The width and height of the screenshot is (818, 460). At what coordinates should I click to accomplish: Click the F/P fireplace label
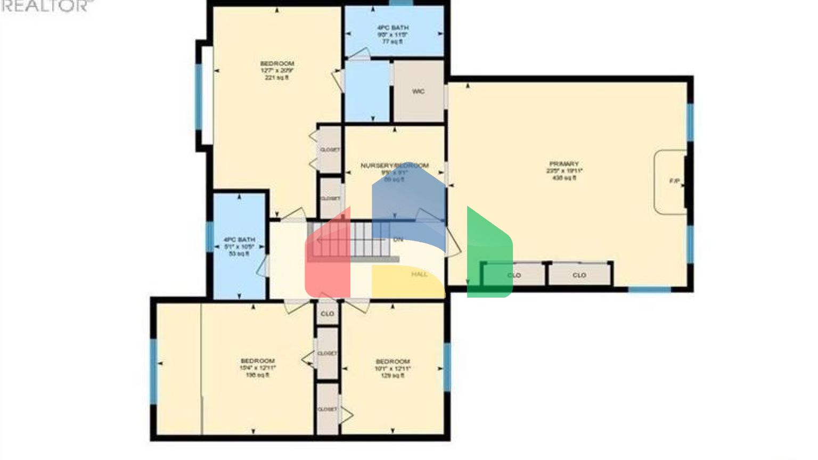(674, 182)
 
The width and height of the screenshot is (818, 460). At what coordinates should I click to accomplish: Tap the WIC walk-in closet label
(418, 92)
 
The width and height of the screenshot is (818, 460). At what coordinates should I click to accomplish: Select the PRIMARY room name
(564, 164)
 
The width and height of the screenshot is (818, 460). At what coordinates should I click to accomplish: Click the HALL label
(419, 274)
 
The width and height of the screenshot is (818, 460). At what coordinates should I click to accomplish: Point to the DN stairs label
(398, 240)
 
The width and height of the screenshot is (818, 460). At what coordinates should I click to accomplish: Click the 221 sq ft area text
(276, 78)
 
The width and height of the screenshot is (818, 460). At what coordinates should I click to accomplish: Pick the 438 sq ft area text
(564, 178)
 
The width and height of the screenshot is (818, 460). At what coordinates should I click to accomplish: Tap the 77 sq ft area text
(392, 42)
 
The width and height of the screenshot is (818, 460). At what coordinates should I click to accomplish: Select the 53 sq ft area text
(239, 254)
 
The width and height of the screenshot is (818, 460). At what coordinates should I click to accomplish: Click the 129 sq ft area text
(392, 375)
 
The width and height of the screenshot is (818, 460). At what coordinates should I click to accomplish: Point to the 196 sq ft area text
(257, 375)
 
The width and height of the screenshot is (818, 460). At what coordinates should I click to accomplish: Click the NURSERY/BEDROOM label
(394, 166)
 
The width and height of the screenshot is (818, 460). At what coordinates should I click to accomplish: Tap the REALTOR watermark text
(45, 6)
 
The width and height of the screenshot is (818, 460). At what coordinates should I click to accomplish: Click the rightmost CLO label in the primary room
(579, 275)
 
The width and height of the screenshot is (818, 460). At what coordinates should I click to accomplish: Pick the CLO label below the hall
(328, 314)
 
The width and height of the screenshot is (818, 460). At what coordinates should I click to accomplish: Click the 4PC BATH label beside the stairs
(239, 240)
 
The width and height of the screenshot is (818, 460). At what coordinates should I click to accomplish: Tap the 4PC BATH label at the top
(392, 28)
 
